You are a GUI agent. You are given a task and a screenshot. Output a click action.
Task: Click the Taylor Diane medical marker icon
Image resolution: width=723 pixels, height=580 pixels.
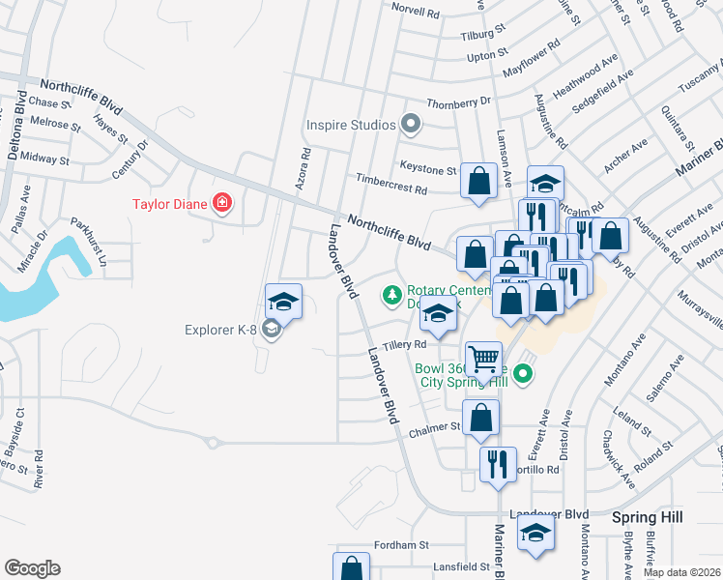tap(222, 203)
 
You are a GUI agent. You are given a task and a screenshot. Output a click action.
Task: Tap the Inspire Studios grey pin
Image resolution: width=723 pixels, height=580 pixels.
tap(411, 124)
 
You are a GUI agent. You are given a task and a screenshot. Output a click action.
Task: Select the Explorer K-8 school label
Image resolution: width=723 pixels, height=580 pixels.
tap(220, 331)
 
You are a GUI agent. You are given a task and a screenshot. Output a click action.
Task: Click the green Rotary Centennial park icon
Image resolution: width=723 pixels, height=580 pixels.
tap(392, 294)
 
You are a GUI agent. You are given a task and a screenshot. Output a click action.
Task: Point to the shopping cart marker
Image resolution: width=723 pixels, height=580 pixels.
tap(483, 360)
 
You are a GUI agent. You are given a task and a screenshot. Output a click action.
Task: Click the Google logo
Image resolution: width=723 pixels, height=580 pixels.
tap(32, 568)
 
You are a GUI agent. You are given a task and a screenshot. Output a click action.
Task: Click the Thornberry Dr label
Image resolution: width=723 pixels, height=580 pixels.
tap(459, 102)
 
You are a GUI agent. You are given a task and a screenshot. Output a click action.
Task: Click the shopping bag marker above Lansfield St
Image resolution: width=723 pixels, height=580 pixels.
tap(352, 568)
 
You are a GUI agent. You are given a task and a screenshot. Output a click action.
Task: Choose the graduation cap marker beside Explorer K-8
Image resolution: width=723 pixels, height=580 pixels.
tap(283, 303)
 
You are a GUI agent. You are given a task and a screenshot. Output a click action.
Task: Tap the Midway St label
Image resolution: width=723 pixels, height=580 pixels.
tap(44, 158)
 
